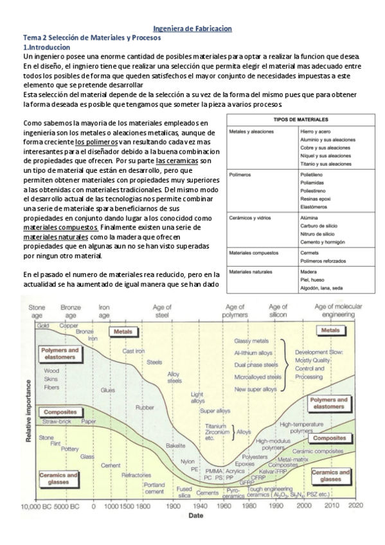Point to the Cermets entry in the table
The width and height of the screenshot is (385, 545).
pyautogui.click(x=310, y=253)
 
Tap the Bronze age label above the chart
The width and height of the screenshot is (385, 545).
pyautogui.click(x=70, y=312)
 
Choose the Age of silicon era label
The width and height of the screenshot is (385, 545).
pyautogui.click(x=278, y=312)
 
